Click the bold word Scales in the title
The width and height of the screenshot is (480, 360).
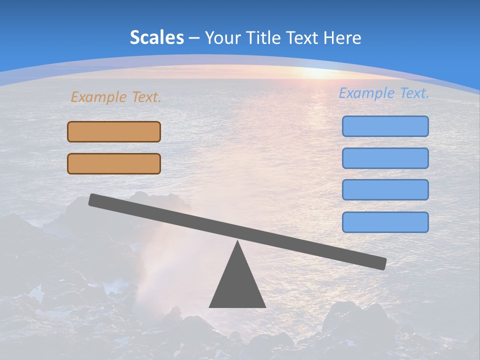point(156,37)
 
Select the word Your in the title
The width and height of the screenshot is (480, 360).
point(220,37)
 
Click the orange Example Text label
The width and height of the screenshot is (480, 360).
point(116,97)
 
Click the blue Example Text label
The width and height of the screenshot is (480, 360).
point(384,93)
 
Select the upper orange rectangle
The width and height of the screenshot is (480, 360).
point(114,131)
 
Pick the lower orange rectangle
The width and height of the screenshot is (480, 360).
point(114,163)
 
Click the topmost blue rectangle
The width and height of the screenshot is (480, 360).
point(385,126)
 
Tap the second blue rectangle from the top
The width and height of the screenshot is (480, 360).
point(385,158)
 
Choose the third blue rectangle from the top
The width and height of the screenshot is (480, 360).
point(385,189)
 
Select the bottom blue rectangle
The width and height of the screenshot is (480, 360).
point(385,222)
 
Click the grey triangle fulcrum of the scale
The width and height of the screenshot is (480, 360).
point(237,285)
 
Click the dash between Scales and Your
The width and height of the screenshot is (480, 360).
point(194,38)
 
